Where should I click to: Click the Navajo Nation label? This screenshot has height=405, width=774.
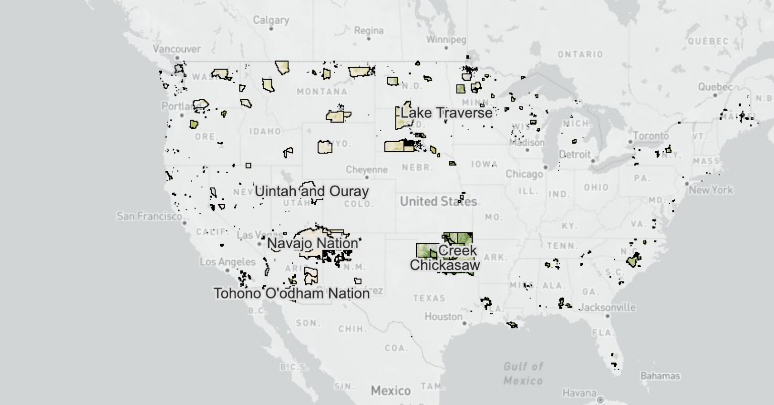312,244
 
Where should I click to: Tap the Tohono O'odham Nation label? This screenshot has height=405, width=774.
292,293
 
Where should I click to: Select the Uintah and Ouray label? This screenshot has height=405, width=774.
311,192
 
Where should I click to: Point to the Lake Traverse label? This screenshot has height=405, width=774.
446,112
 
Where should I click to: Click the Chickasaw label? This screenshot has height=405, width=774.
444,265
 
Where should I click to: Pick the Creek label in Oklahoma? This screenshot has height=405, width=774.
457,251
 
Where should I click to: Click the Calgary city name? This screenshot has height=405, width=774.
271,20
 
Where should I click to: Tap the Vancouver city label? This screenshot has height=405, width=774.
176,49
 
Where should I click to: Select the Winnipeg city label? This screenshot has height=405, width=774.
446,39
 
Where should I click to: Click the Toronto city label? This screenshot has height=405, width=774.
651,136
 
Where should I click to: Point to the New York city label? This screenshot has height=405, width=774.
711,190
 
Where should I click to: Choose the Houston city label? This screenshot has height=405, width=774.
443,317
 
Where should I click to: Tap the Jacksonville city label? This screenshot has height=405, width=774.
607,307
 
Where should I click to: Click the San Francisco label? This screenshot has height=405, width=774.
149,216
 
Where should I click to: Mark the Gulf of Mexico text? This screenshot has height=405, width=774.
523,373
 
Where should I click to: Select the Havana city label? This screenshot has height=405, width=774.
579,392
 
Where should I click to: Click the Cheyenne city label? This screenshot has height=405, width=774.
366,169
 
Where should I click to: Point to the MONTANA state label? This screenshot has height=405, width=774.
321,92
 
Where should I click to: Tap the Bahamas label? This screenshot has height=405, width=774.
660,376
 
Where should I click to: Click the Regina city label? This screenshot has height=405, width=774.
368,30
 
